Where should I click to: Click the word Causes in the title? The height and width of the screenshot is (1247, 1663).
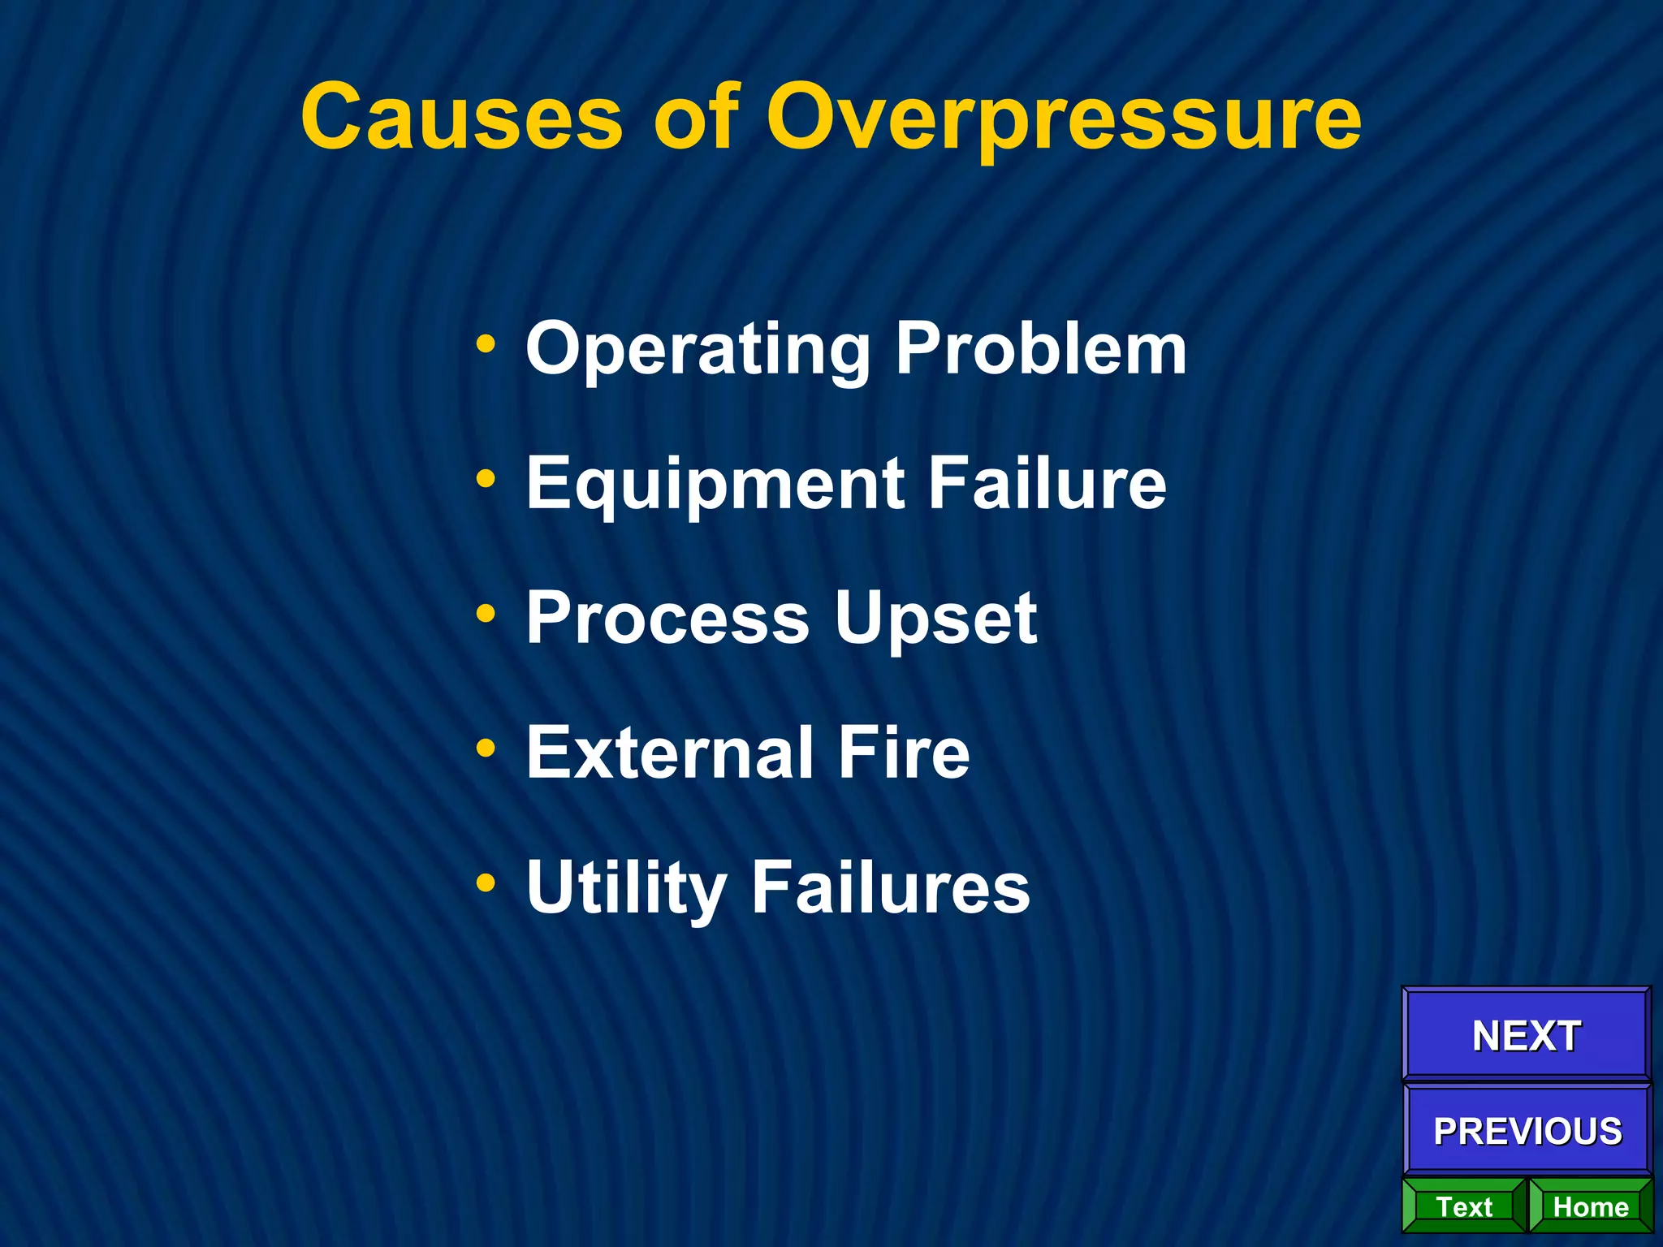(x=461, y=118)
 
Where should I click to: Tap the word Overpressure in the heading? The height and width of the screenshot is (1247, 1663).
(x=1063, y=118)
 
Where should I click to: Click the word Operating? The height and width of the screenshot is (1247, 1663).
(x=698, y=349)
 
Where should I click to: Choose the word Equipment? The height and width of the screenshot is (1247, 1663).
(x=715, y=484)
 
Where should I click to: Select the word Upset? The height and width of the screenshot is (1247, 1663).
(x=935, y=619)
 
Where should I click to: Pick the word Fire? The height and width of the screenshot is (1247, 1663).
(x=904, y=753)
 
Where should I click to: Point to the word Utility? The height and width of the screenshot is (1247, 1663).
(x=626, y=888)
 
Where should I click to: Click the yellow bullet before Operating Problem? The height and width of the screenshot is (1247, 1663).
(x=486, y=344)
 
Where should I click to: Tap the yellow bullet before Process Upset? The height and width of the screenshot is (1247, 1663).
(x=486, y=614)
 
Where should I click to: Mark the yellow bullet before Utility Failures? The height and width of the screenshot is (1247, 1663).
(x=486, y=882)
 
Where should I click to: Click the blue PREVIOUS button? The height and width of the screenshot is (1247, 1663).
(x=1527, y=1130)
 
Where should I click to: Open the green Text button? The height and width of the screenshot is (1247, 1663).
(x=1464, y=1206)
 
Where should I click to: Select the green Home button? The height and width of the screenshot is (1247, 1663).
(x=1590, y=1206)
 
